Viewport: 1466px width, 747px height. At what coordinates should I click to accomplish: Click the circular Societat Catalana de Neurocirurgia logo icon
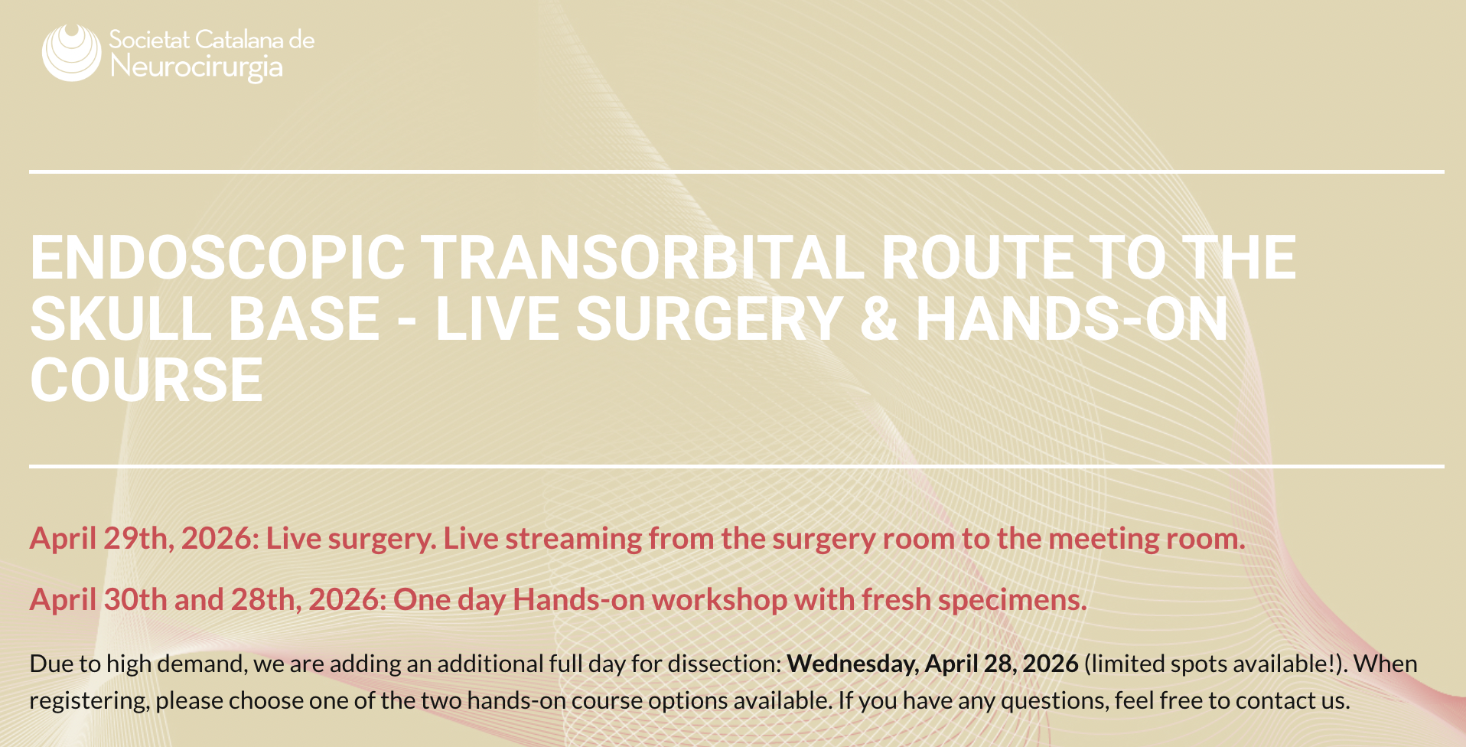tap(72, 52)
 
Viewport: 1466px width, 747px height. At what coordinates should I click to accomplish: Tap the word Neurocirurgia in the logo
tap(197, 67)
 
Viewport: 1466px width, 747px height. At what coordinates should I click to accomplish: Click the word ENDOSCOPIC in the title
tap(218, 258)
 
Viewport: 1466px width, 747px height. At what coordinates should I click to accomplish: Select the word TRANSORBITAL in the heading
tap(643, 258)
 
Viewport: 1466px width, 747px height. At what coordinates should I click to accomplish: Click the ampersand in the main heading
tap(878, 319)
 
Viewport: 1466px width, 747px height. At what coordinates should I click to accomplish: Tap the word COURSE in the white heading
tap(147, 380)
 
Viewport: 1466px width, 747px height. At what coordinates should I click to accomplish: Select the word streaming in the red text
tap(577, 539)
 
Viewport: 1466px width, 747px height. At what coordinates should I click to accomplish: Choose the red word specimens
tap(1012, 600)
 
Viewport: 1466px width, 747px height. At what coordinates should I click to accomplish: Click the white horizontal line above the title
tap(737, 171)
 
